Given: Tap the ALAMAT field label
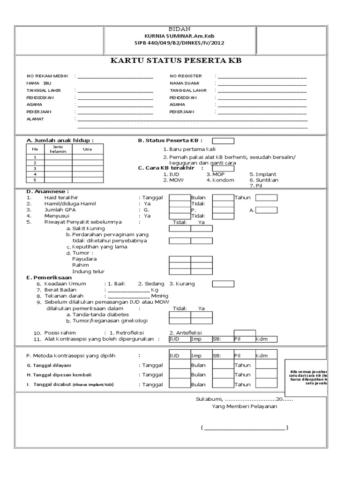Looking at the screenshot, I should [x=35, y=119].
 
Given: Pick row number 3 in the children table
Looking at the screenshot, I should [x=35, y=168].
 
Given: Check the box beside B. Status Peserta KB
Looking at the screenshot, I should [x=223, y=140].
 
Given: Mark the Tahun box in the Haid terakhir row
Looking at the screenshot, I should [x=266, y=198].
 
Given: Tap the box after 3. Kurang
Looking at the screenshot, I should [x=223, y=284].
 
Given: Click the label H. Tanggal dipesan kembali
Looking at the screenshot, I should [x=59, y=375].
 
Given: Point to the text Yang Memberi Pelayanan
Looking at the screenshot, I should [x=244, y=406].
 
